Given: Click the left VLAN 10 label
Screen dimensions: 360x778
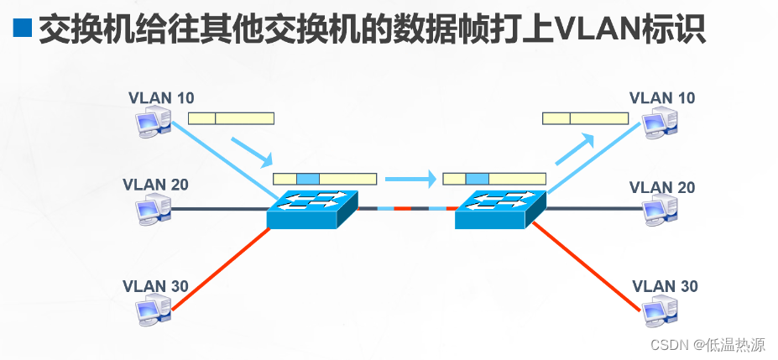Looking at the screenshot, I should tap(161, 97).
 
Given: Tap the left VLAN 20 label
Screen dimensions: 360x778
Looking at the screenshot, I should tap(155, 185).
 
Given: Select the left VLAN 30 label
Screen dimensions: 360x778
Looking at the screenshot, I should tap(155, 286).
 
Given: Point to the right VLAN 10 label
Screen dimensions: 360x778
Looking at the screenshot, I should tap(662, 98).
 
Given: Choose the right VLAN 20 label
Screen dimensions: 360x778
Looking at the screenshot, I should tap(662, 187).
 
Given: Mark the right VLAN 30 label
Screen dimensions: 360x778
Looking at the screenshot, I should tap(664, 286).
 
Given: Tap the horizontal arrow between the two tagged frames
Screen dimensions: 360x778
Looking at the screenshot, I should tap(410, 178).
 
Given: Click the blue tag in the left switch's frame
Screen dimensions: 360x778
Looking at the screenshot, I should tap(308, 179).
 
